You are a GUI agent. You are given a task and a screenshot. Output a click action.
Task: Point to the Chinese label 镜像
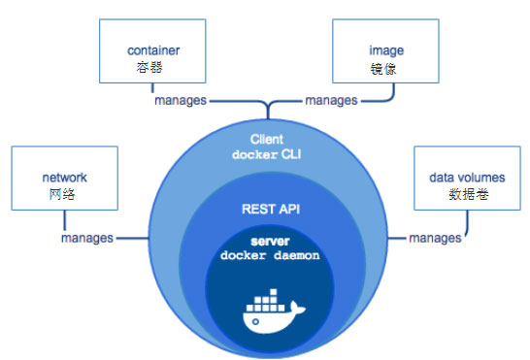pos(380,70)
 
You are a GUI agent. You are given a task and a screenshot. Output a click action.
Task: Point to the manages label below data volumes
pos(434,238)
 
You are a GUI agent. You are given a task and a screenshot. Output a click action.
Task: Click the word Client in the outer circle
pos(266,140)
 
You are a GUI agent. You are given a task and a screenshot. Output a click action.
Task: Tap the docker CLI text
pos(266,155)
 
